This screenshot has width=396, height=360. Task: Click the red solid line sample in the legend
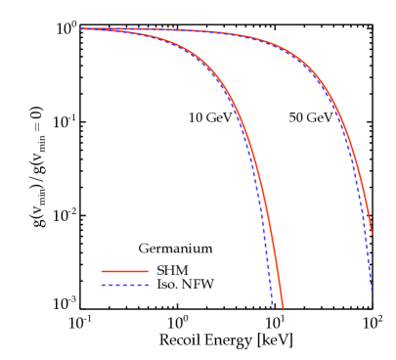[125, 271]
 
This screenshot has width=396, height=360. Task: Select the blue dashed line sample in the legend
[125, 286]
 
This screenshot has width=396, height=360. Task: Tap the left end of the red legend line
[102, 271]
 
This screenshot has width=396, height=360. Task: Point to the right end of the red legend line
[149, 271]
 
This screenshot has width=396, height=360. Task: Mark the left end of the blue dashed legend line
[102, 286]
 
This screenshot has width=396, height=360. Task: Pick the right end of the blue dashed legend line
[149, 286]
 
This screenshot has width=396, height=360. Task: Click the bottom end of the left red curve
[283, 307]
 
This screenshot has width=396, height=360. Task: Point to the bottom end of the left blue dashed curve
[273, 307]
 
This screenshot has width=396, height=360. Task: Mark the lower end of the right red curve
[373, 234]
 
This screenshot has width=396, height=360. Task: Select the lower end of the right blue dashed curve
[372, 291]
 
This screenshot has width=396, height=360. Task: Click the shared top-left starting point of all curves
[81, 29]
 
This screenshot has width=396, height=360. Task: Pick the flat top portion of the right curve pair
[196, 31]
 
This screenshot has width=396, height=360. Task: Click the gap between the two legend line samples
[125, 279]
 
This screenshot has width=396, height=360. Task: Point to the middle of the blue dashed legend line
[125, 286]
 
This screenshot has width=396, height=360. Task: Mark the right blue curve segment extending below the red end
[370, 264]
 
